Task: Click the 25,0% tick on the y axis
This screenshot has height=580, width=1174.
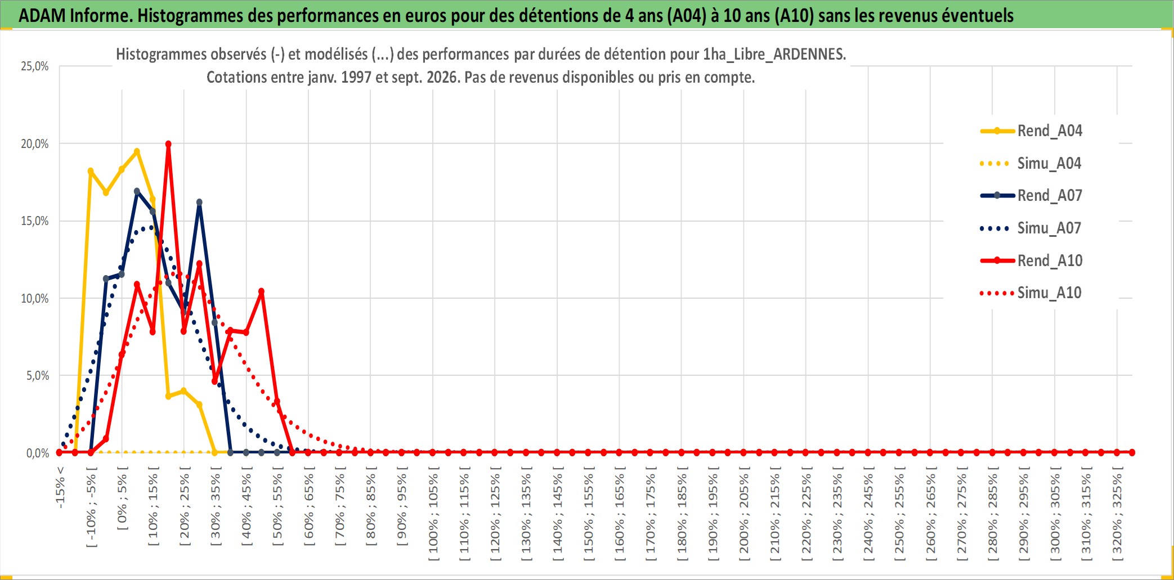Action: pyautogui.click(x=35, y=66)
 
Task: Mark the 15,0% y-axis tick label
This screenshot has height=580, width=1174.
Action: pyautogui.click(x=35, y=221)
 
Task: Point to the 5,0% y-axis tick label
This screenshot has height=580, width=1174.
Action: pyautogui.click(x=38, y=376)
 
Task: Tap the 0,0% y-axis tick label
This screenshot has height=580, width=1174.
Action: pyautogui.click(x=38, y=453)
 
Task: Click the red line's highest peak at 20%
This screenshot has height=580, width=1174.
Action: pyautogui.click(x=168, y=144)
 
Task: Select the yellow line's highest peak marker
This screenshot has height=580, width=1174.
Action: pyautogui.click(x=137, y=151)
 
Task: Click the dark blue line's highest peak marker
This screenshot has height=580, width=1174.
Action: pyautogui.click(x=137, y=191)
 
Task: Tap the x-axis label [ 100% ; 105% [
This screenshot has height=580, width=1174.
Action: pyautogui.click(x=433, y=517)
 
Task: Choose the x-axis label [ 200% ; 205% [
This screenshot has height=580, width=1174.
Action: pyautogui.click(x=744, y=517)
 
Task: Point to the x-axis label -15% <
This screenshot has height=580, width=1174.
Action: pyautogui.click(x=60, y=487)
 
